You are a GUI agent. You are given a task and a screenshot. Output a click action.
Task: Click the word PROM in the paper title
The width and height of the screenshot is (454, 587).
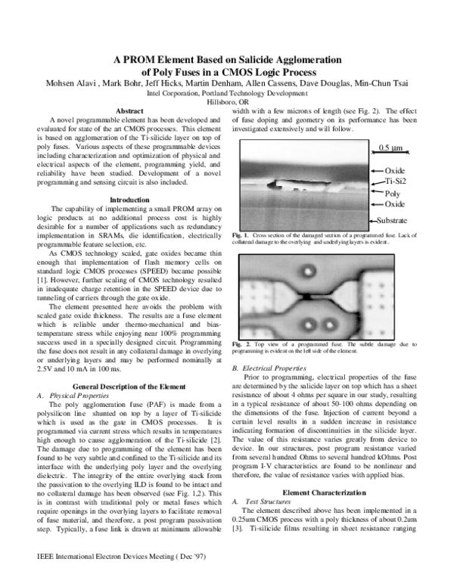tap(141, 61)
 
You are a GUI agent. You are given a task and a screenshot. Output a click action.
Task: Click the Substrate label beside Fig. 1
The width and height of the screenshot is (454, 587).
tap(400, 220)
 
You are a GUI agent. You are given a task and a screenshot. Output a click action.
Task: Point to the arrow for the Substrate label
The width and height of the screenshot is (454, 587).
tap(374, 220)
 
